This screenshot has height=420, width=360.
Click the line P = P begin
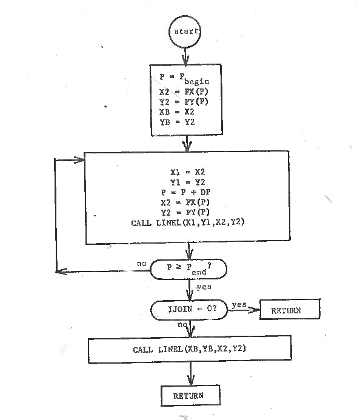[x=184, y=79]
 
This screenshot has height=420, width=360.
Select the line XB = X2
[x=177, y=112]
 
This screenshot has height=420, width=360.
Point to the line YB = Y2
[x=177, y=122]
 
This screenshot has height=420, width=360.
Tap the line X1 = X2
[x=187, y=172]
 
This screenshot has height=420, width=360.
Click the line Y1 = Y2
[x=187, y=182]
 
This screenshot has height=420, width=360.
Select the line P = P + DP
[x=185, y=192]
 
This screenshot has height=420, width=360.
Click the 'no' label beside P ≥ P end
[x=142, y=264]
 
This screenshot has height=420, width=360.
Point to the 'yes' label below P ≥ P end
[x=204, y=287]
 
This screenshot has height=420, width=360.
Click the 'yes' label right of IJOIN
[x=239, y=305]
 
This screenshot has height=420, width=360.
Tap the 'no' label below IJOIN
[x=182, y=324]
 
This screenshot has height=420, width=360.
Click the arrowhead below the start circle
[x=185, y=60]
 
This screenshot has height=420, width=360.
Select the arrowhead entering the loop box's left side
[x=79, y=160]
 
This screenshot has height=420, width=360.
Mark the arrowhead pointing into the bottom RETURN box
[x=191, y=381]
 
